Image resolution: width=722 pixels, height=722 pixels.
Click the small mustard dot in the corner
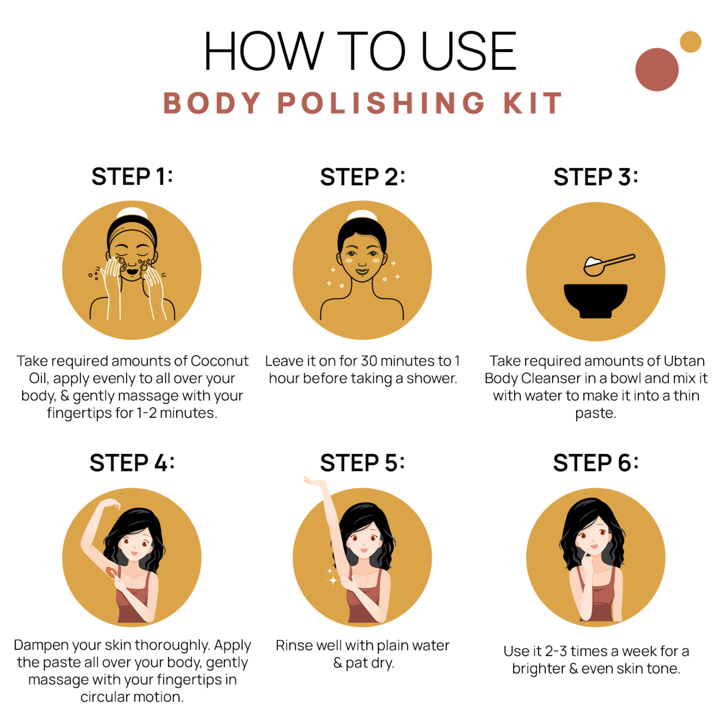690,42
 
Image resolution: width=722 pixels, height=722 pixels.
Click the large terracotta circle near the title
656,69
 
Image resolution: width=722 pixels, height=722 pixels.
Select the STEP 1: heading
132,176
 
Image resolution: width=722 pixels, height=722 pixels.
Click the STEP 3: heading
596,177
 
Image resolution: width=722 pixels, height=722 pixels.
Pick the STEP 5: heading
362,463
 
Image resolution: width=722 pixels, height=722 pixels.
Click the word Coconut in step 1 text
219,361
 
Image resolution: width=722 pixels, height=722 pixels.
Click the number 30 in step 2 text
369,361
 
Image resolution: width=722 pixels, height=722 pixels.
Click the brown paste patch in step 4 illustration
110,572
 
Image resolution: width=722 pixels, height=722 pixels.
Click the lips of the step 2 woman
362,272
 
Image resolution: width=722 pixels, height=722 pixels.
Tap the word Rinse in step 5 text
290,645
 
